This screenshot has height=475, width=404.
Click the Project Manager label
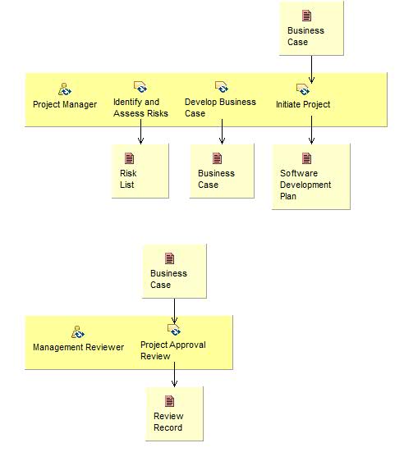[65, 104]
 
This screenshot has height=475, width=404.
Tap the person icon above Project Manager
[65, 89]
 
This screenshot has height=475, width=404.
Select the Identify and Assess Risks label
[140, 107]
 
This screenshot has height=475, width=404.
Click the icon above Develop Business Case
[221, 87]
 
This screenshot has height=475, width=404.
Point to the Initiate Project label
[303, 104]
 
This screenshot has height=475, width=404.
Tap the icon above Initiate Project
[303, 89]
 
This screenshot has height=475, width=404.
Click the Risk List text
[128, 179]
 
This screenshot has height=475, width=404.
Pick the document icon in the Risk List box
[129, 158]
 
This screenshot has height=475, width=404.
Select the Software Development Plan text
[305, 185]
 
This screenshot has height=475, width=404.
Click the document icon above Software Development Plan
[307, 158]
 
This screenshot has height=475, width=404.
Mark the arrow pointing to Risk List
[141, 131]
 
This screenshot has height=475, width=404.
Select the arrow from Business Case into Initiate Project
[311, 68]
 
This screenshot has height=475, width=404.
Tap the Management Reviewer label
[78, 347]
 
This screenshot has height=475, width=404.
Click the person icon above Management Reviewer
[78, 331]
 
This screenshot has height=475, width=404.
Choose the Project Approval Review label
[172, 350]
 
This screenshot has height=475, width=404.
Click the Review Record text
[168, 422]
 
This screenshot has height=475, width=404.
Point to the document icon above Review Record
[170, 401]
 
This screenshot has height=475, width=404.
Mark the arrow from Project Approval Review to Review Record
[174, 374]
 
